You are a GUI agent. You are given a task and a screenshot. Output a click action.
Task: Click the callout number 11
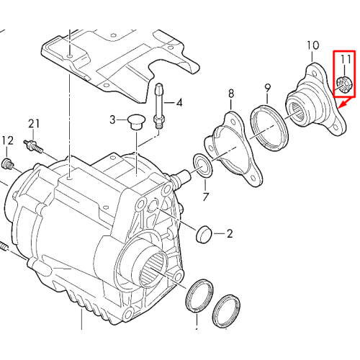click(x=346, y=59)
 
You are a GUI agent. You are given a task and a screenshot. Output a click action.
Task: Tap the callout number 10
click(x=313, y=45)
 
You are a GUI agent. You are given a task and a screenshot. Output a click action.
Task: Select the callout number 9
click(x=268, y=89)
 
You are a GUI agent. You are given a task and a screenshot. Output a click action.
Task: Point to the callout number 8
click(x=231, y=94)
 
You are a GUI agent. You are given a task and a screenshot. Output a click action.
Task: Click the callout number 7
click(x=205, y=197)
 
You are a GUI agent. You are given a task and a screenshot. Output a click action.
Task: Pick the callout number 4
click(x=179, y=102)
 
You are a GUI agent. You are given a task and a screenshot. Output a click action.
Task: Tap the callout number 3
click(x=112, y=120)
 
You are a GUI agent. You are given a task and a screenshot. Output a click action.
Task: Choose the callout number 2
click(x=230, y=233)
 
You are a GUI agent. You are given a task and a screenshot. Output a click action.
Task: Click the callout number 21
click(x=34, y=124)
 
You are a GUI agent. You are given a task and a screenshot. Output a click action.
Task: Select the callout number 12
click(x=8, y=140)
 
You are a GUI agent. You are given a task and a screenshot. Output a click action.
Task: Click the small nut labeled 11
click(x=344, y=83)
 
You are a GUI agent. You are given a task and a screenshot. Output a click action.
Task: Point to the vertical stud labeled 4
click(x=158, y=106)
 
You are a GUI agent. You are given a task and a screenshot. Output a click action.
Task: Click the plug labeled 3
click(x=136, y=122)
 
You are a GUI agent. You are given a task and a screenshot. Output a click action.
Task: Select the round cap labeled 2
click(x=204, y=234)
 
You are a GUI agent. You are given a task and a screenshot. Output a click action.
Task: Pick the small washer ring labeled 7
click(x=203, y=166)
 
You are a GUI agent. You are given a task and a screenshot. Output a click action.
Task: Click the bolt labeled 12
click(x=7, y=164)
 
